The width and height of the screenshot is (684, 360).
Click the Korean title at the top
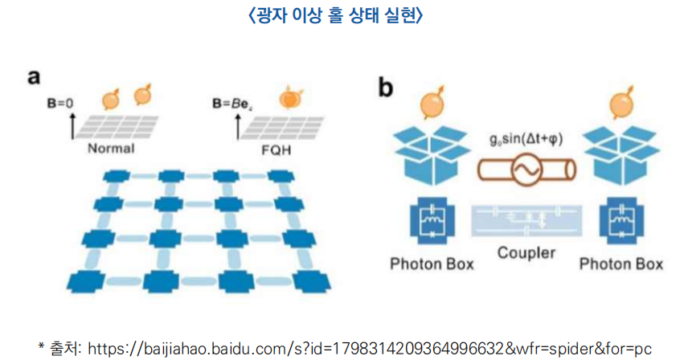342,15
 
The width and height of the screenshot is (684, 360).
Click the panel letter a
34,77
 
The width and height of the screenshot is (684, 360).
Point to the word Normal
110,148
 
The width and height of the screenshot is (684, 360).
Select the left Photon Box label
432,264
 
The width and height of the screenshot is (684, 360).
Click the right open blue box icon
621,153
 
